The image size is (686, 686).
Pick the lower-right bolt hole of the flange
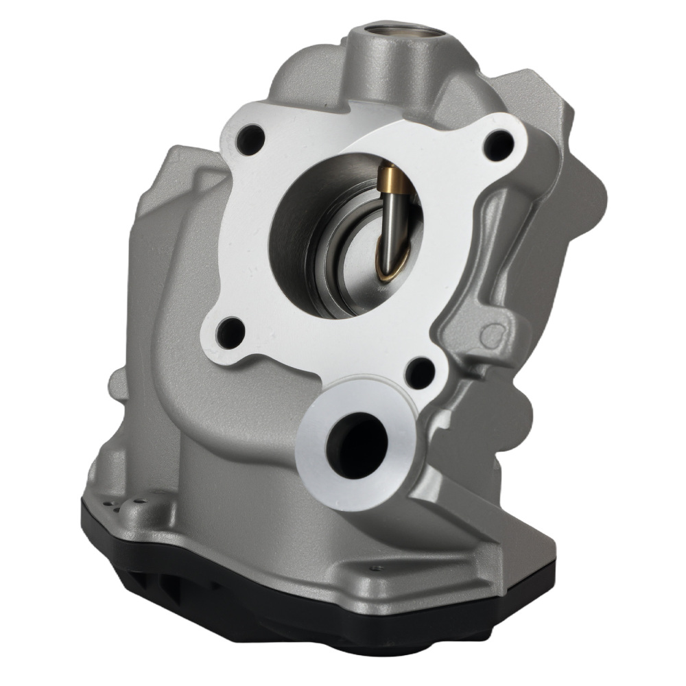[419, 372]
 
